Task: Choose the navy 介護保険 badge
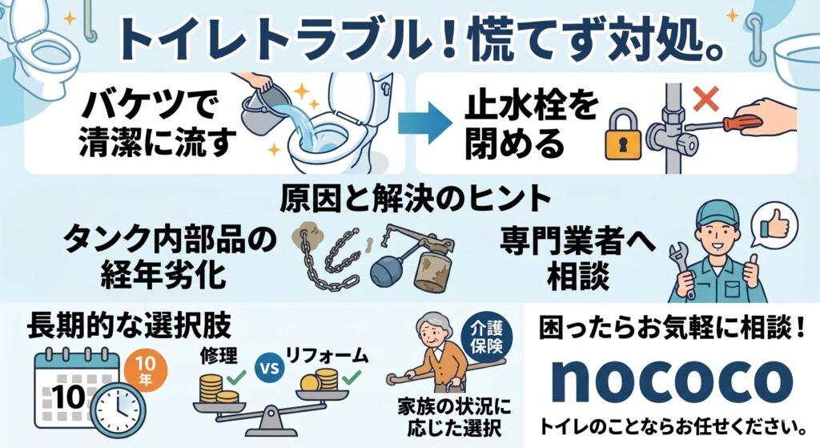486,335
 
